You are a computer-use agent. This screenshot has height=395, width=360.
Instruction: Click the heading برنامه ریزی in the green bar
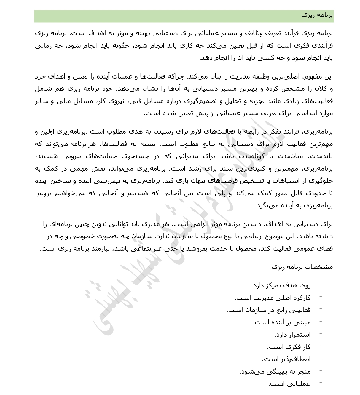[x=317, y=15]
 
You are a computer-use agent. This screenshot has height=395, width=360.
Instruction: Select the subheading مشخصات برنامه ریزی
[x=302, y=267]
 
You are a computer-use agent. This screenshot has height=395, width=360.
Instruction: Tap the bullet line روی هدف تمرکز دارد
[x=281, y=286]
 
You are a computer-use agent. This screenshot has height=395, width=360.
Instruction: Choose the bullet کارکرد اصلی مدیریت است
[x=273, y=298]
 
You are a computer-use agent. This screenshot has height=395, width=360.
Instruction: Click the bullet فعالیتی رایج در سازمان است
[x=268, y=310]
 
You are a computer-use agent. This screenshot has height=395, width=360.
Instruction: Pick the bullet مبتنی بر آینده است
[x=281, y=322]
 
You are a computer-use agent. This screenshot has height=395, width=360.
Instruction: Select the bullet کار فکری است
[x=289, y=347]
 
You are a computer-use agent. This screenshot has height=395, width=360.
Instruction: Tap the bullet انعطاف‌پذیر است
[x=286, y=359]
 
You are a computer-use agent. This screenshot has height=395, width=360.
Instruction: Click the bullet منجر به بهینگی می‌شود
[x=275, y=372]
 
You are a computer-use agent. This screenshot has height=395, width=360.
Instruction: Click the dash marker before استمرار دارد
[x=321, y=334]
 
